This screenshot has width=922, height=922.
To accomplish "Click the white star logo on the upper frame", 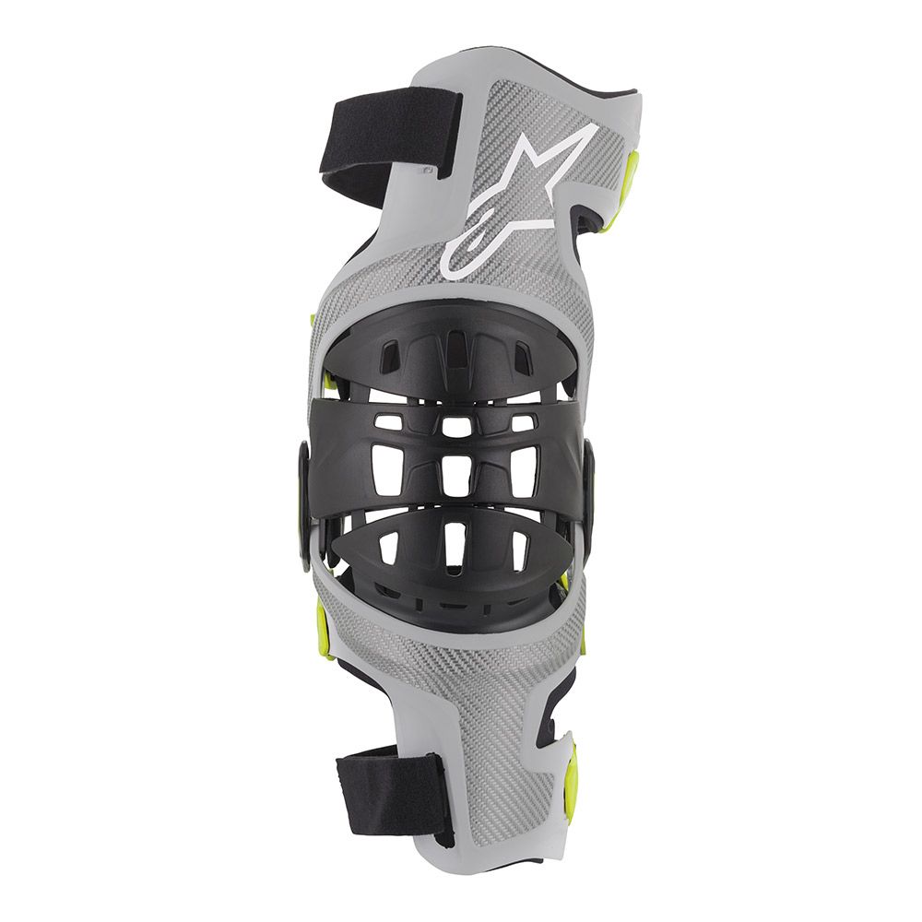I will (516, 198).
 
